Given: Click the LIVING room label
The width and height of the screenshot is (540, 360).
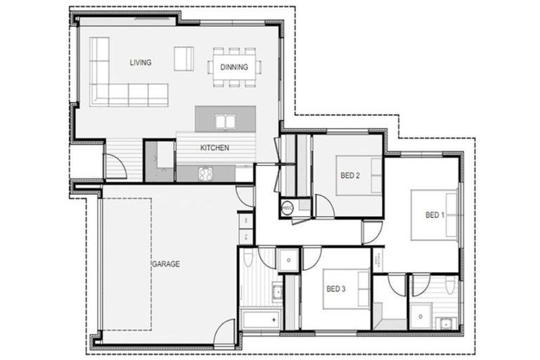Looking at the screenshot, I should click(x=141, y=63).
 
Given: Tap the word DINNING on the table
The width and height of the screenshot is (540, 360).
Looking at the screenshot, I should click(x=233, y=67).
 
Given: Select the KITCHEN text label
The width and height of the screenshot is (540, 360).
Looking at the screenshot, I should click(x=215, y=148).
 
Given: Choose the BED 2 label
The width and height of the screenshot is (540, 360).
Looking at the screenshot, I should click(x=350, y=176).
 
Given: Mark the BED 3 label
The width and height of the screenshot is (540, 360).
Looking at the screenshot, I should click(x=335, y=288).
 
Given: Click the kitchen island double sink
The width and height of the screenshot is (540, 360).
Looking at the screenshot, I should click(x=225, y=122).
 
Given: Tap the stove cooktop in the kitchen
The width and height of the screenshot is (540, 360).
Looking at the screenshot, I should click(x=205, y=172).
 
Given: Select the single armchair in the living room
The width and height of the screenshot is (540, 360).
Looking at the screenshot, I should click(x=184, y=57).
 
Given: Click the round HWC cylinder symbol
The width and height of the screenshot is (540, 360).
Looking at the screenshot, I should click(x=288, y=208).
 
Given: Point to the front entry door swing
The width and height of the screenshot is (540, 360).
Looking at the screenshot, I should click(x=115, y=167).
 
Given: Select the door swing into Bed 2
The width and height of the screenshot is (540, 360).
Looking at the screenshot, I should click(x=324, y=206).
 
